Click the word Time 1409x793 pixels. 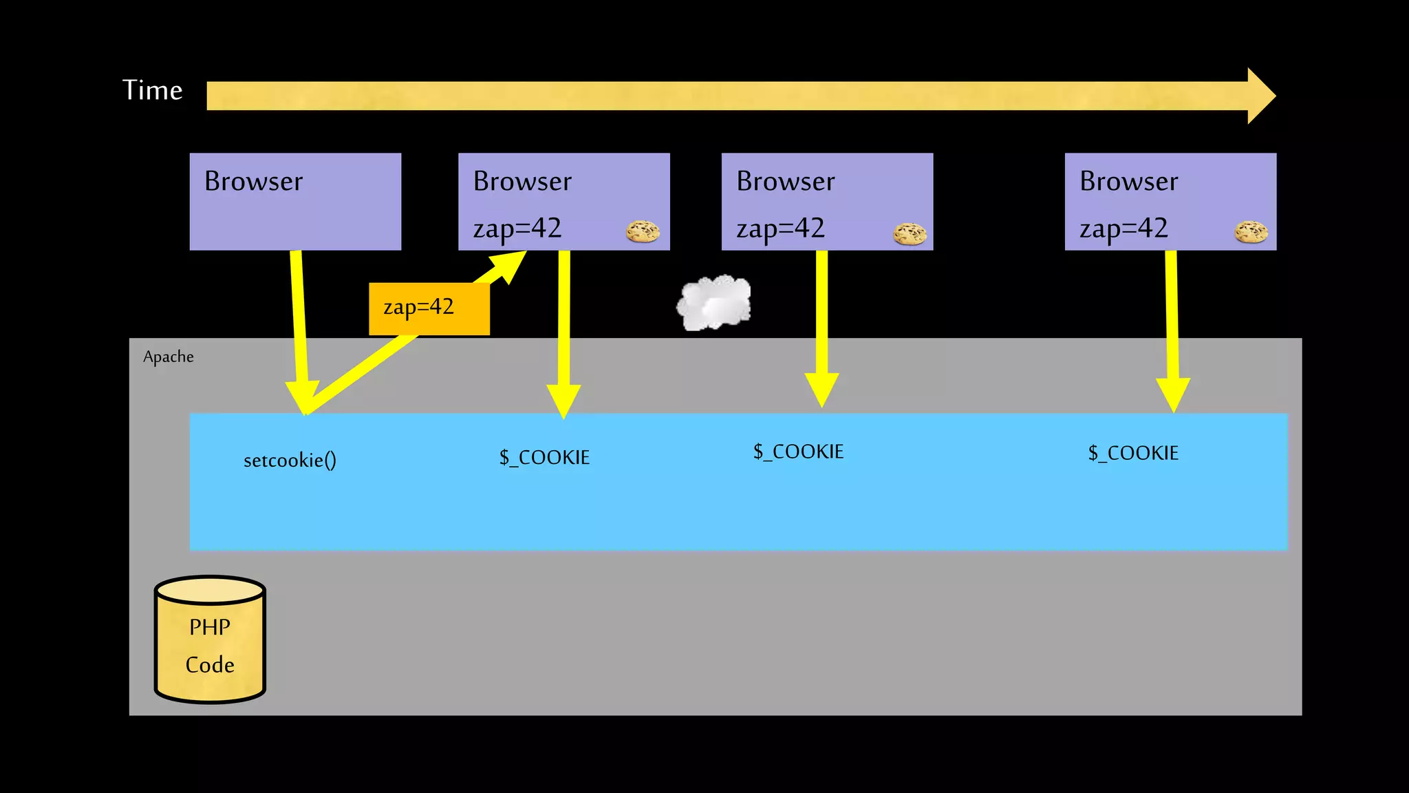coord(152,90)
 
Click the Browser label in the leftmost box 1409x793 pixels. coord(253,181)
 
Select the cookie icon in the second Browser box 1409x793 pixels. coord(643,231)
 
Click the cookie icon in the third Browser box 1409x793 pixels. coord(910,233)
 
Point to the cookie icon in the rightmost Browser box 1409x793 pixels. coord(1251,232)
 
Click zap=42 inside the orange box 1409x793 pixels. coord(419,307)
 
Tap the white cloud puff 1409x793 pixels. coord(714,303)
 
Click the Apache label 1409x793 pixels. coord(168,357)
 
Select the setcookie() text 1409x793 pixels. coord(290,460)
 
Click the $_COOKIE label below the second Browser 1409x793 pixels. coord(544,457)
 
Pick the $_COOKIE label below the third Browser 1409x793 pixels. coord(798,452)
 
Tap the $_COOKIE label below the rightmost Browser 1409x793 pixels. coord(1133,453)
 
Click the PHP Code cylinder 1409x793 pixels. coord(210,640)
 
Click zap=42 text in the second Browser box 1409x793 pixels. coord(517,228)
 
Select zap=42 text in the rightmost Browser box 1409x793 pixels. coord(1123,228)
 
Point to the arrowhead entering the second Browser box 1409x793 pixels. coord(510,264)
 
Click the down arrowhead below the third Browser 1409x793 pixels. coord(821,389)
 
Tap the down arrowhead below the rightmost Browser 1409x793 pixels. coord(1173,394)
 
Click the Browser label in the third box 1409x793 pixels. coord(785,181)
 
